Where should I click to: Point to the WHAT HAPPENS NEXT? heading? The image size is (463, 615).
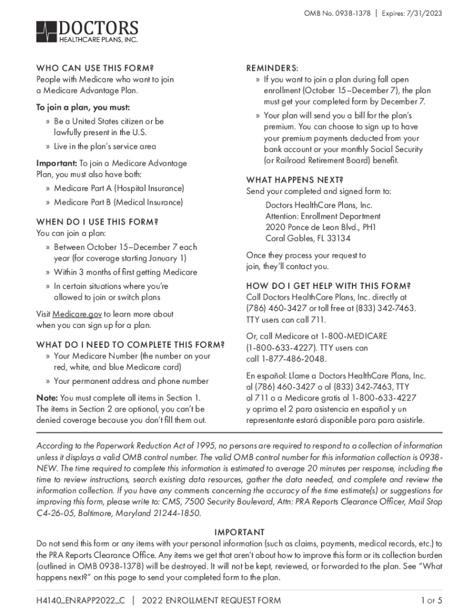tap(295, 180)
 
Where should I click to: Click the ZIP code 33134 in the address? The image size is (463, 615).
tap(339, 238)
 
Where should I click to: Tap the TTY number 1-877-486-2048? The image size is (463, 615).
tap(293, 359)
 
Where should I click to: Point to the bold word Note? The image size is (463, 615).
tap(47, 398)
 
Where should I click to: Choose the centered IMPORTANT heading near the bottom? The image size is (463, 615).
tap(239, 532)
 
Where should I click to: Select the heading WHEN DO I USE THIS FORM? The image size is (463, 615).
tap(97, 222)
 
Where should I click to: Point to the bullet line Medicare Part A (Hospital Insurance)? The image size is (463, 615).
tap(118, 189)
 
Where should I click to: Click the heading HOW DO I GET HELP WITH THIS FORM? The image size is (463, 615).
tap(329, 285)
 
